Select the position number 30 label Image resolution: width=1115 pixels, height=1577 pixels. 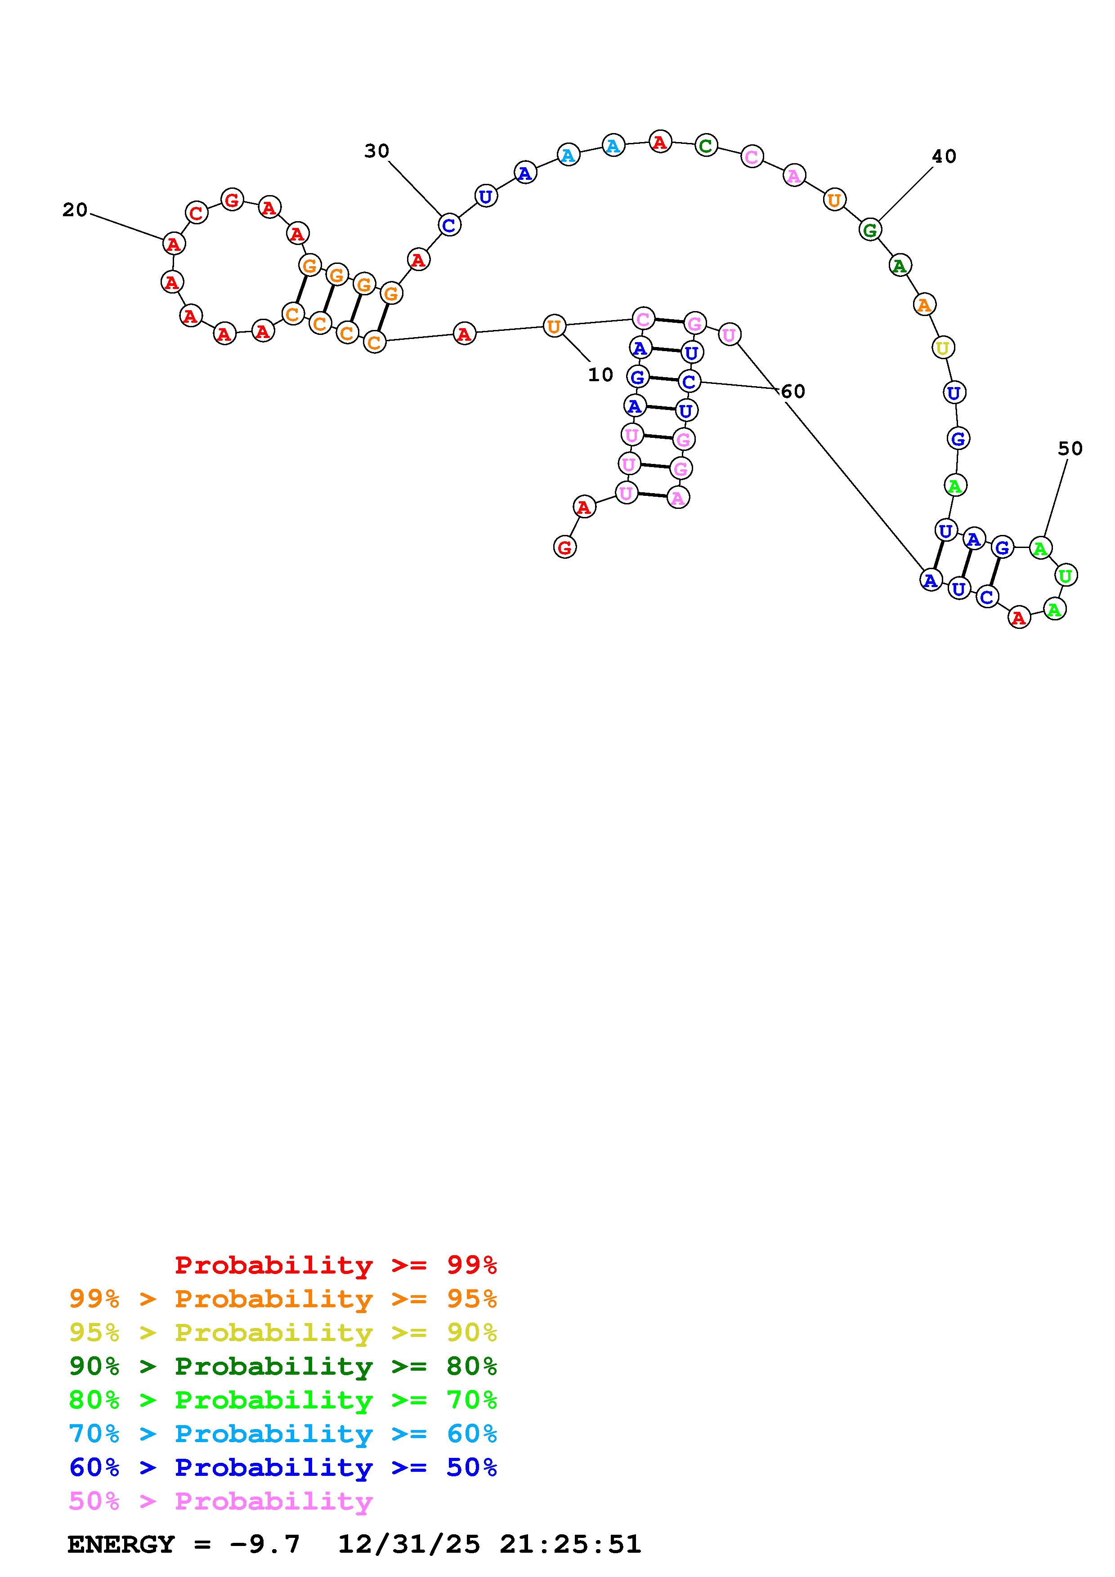click(376, 151)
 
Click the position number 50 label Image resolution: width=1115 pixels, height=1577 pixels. click(1070, 449)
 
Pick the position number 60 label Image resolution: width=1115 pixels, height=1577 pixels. click(793, 392)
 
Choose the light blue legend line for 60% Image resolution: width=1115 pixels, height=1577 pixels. click(283, 1434)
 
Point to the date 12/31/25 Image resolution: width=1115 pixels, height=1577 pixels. click(409, 1544)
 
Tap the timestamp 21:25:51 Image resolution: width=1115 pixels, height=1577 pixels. click(570, 1544)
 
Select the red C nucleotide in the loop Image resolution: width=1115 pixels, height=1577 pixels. click(197, 213)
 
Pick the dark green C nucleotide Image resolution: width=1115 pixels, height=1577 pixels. click(706, 146)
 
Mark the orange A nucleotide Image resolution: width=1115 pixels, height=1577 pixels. click(924, 304)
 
